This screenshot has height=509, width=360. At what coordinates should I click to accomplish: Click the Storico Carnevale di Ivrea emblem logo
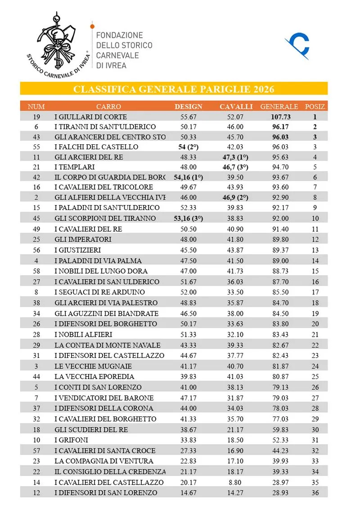(x=58, y=45)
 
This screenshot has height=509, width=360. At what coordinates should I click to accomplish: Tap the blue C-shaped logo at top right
(x=298, y=46)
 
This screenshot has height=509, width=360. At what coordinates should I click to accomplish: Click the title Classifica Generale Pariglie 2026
(x=174, y=89)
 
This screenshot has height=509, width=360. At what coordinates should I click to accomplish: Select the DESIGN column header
(x=189, y=107)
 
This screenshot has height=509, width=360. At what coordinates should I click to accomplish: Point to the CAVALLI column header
(x=236, y=107)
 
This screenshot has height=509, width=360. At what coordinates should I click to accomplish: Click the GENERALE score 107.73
(x=279, y=116)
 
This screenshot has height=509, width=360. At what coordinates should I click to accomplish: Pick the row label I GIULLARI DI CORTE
(x=90, y=116)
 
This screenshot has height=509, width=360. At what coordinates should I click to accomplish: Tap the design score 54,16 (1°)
(x=189, y=177)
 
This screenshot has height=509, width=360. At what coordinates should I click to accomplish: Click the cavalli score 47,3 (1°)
(x=235, y=157)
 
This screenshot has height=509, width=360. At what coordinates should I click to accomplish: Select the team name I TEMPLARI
(x=74, y=167)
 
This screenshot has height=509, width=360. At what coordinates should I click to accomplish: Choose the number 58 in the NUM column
(x=36, y=271)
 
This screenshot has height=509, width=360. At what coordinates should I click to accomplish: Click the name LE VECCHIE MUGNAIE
(x=93, y=366)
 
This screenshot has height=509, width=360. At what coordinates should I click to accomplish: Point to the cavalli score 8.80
(x=235, y=482)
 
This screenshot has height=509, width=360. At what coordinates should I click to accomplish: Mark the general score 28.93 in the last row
(x=279, y=493)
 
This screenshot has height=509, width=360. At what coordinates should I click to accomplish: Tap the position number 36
(x=315, y=493)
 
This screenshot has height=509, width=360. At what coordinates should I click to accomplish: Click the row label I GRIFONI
(x=71, y=440)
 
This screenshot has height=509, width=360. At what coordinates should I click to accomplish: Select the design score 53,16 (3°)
(x=189, y=219)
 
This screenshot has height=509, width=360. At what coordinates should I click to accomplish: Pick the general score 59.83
(x=279, y=429)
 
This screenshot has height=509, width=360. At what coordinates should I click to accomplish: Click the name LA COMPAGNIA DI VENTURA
(x=104, y=461)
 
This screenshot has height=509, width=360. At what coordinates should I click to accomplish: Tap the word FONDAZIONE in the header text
(x=120, y=35)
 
